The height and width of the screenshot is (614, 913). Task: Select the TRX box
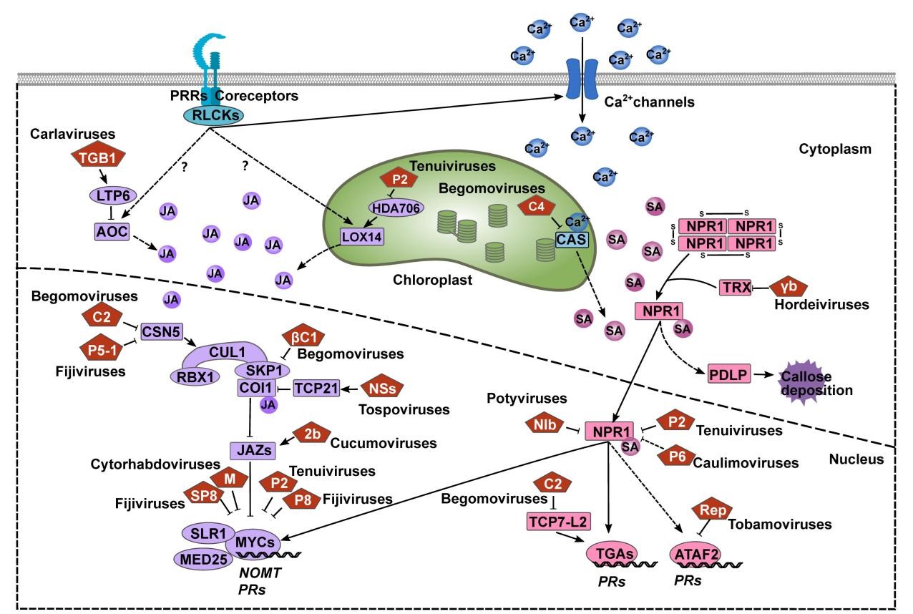click(734, 287)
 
